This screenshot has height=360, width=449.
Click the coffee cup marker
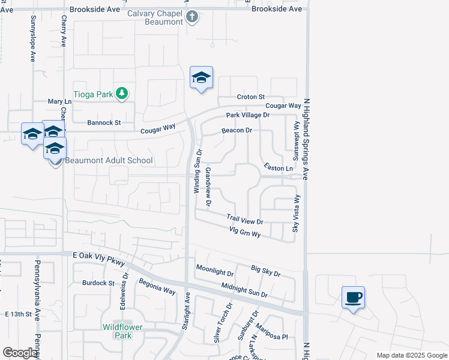[353, 296]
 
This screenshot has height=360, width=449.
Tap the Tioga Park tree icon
[122, 92]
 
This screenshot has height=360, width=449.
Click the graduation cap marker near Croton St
[201, 77]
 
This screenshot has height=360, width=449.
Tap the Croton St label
[250, 97]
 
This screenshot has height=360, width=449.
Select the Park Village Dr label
[248, 115]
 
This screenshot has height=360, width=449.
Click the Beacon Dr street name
[237, 130]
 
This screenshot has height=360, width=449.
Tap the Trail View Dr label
[245, 220]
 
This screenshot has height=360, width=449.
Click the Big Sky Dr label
[265, 271]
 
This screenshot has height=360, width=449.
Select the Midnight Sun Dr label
[244, 291]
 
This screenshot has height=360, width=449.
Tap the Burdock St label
[98, 283]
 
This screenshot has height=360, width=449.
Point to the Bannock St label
[104, 122]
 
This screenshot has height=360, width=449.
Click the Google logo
[20, 353]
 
